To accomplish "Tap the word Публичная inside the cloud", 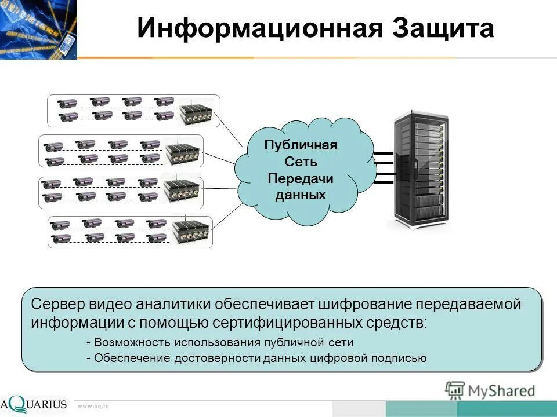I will click(x=301, y=145).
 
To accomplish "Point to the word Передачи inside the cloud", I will click(x=301, y=178).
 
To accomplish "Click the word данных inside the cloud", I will click(x=301, y=195).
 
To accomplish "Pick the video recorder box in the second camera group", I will click(x=182, y=152).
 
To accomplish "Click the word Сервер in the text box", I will click(x=58, y=304).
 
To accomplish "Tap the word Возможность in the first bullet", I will click(x=125, y=342).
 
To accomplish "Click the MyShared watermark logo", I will click(x=490, y=390).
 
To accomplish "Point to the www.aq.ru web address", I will click(x=93, y=407).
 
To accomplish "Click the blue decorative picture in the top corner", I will click(x=38, y=29).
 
